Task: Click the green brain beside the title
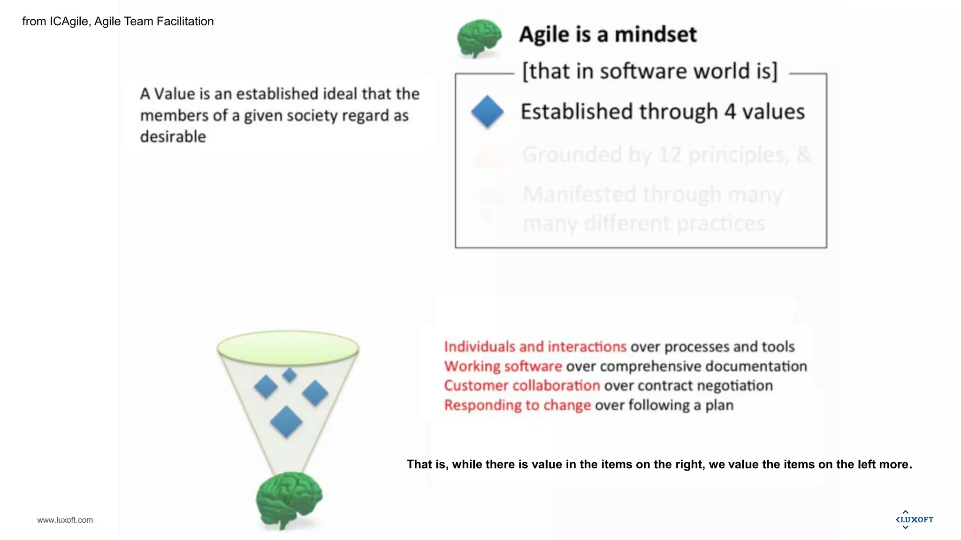pos(479,37)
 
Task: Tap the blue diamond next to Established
pos(487,112)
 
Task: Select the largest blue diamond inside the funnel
pos(286,422)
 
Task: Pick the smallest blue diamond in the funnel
pos(290,375)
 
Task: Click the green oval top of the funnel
pos(288,348)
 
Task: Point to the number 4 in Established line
pos(730,112)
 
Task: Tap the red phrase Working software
pos(503,366)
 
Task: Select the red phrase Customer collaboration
pos(522,385)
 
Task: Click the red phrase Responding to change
pos(517,405)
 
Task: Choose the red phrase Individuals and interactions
pos(535,346)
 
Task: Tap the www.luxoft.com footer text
pos(65,520)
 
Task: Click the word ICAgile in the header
pos(69,22)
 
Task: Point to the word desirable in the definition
pos(173,137)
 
